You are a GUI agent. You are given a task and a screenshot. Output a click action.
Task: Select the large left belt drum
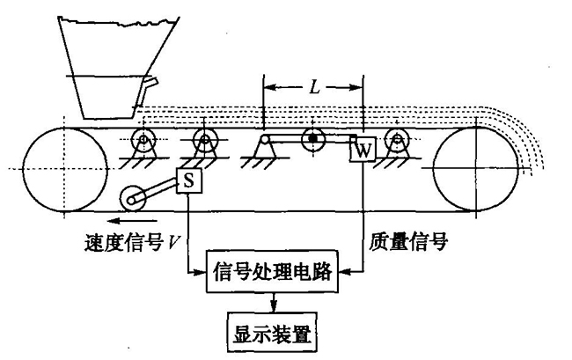[55, 168]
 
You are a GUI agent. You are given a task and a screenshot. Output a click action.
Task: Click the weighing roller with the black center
[312, 138]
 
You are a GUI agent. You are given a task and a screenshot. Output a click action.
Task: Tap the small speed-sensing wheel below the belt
[135, 199]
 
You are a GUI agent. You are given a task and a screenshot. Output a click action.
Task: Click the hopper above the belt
[110, 66]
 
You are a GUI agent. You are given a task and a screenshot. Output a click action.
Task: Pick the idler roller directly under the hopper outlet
[142, 139]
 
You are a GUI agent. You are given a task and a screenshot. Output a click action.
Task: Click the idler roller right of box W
[400, 139]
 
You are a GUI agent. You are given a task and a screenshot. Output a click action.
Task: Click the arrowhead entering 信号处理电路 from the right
[343, 275]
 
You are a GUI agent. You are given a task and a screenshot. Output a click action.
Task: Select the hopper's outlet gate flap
[149, 85]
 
